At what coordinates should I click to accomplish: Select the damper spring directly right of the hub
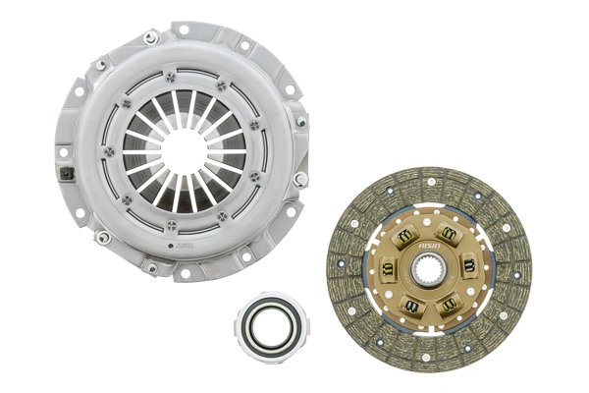(468, 264)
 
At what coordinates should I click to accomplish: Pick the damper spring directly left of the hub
(389, 266)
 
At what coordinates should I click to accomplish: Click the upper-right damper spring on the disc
(449, 233)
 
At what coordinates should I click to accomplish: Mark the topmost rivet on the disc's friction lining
(429, 176)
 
